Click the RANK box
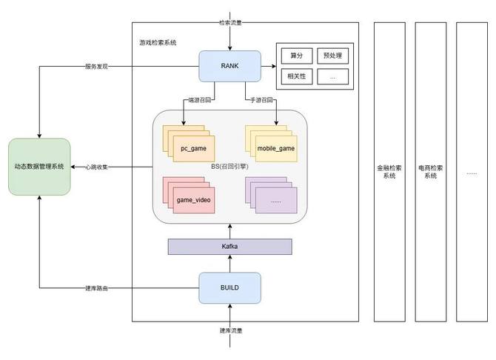(x=229, y=66)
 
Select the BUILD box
(x=229, y=287)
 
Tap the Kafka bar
(x=229, y=246)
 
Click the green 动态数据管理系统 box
(x=39, y=167)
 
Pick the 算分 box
(x=296, y=56)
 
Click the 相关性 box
(x=296, y=76)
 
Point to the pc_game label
(x=193, y=149)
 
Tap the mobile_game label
(x=275, y=149)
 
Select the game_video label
(x=193, y=200)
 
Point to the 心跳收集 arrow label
(x=98, y=167)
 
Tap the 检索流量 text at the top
(x=230, y=22)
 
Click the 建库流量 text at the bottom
(x=230, y=330)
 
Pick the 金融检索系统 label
(x=389, y=172)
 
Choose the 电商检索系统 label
(x=431, y=172)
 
